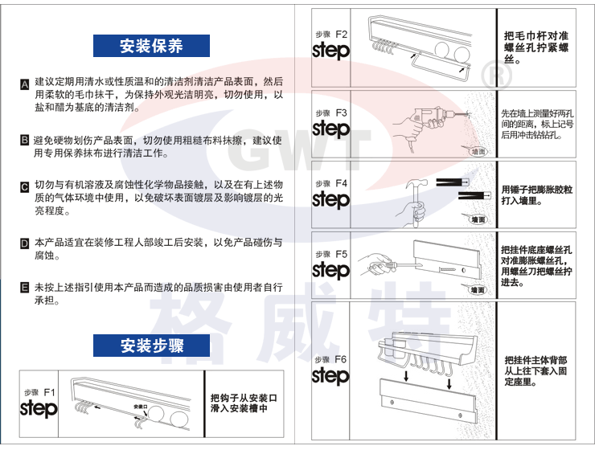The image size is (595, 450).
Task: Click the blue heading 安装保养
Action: pyautogui.click(x=151, y=46)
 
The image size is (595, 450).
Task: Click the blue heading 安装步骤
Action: pyautogui.click(x=151, y=346)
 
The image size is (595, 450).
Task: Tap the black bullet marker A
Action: pyautogui.click(x=25, y=84)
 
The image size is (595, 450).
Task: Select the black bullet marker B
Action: pyautogui.click(x=25, y=141)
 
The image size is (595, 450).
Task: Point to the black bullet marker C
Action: pyautogui.click(x=25, y=186)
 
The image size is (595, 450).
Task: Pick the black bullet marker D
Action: pyautogui.click(x=25, y=243)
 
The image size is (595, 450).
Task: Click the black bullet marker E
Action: pyautogui.click(x=25, y=288)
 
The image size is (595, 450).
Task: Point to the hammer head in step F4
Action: pyautogui.click(x=416, y=184)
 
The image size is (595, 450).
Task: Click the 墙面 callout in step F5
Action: pyautogui.click(x=478, y=290)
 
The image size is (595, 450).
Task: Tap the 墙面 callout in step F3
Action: pyautogui.click(x=478, y=152)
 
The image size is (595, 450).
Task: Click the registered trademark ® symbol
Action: pyautogui.click(x=496, y=75)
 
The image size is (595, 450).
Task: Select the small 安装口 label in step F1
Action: pyautogui.click(x=140, y=407)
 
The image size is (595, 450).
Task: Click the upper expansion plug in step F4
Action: pyautogui.click(x=453, y=182)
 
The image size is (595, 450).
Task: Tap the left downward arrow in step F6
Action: pyautogui.click(x=406, y=376)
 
